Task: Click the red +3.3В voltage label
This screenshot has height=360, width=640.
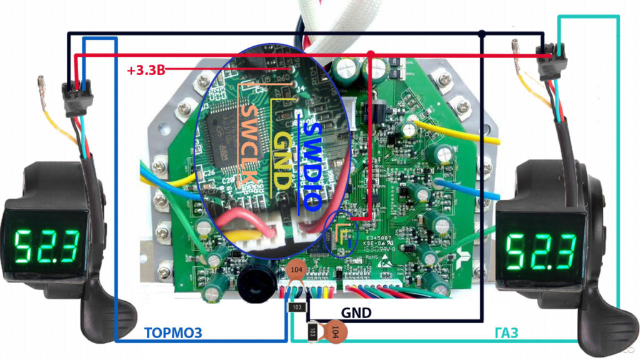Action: pos(146,70)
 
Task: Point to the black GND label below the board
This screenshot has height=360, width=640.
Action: pos(356,312)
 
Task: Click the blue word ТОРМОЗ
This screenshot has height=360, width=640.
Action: pos(173,332)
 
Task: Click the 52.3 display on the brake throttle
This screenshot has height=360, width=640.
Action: pos(47,245)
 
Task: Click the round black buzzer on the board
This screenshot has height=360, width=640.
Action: pos(254,279)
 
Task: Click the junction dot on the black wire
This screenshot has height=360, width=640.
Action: pos(482,32)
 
